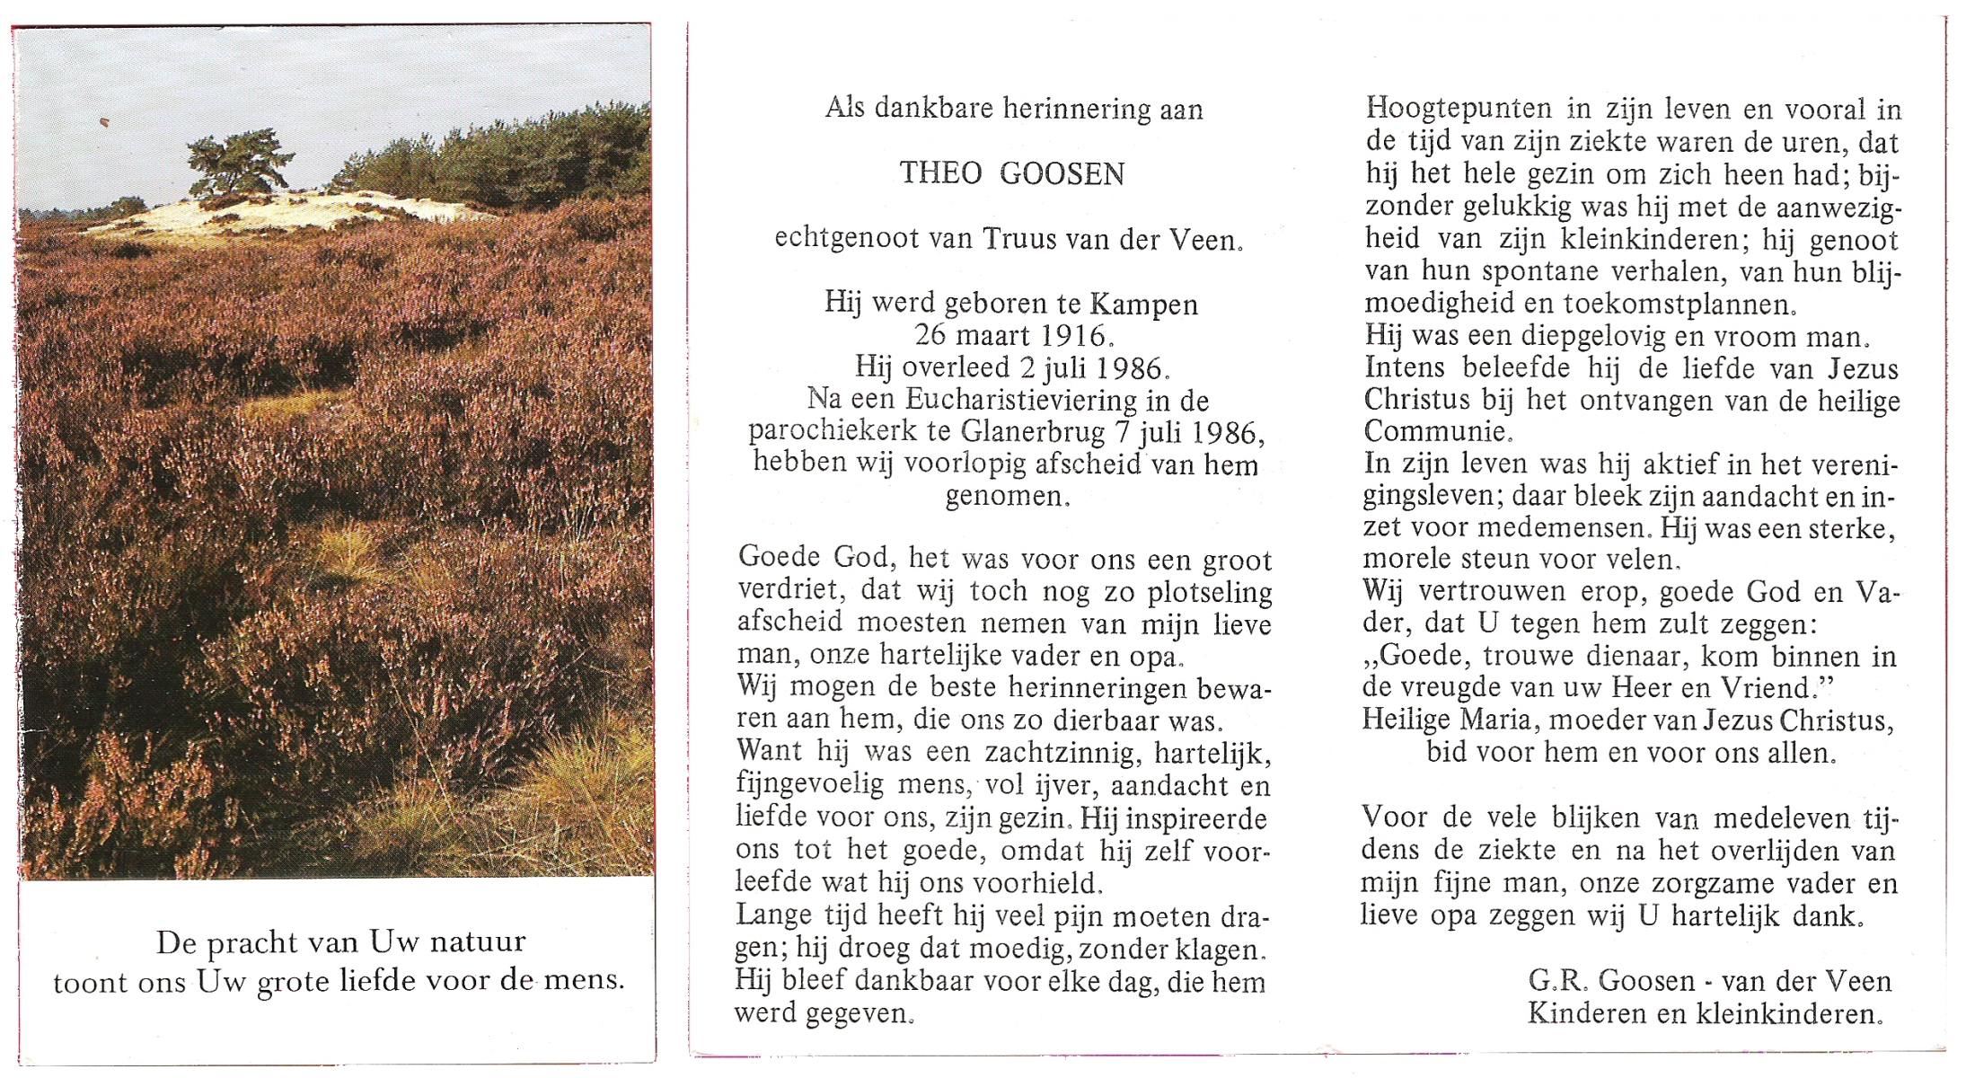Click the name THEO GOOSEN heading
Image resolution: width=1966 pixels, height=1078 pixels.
[1012, 173]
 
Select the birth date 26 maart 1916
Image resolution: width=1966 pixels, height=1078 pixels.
[1011, 336]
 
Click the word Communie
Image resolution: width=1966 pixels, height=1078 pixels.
[1434, 432]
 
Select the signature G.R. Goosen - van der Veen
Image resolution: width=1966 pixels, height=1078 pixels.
[1709, 980]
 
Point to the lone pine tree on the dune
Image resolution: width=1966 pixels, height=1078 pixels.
[238, 162]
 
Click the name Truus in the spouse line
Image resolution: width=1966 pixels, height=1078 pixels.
[1018, 239]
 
